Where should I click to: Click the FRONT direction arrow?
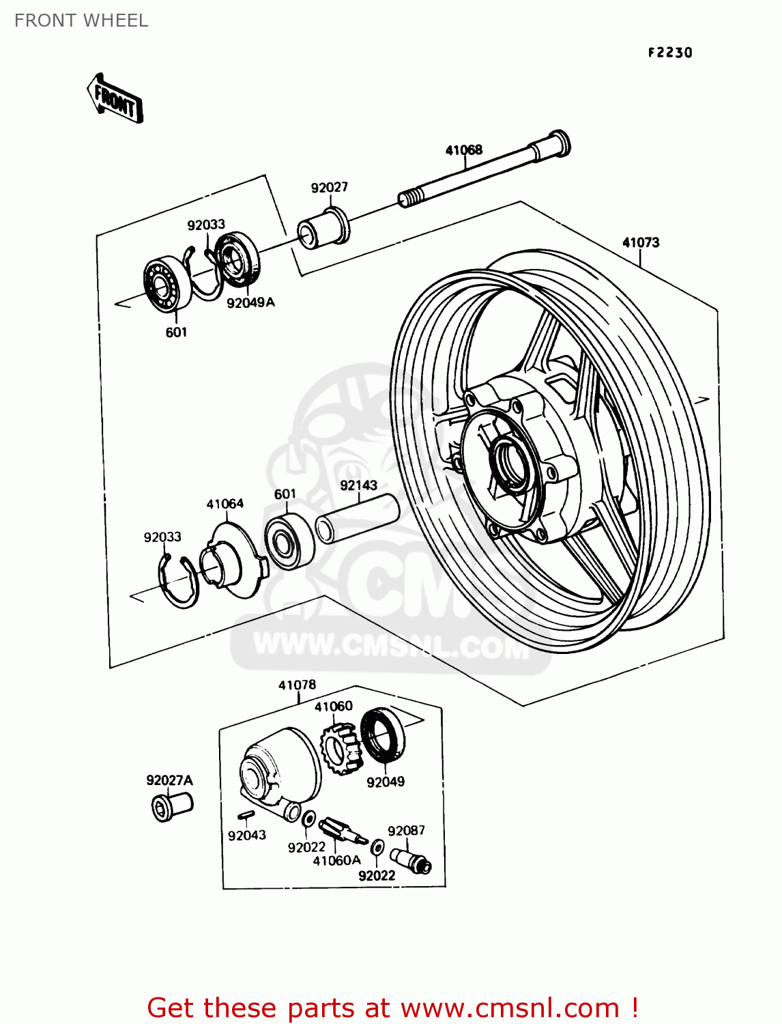115,100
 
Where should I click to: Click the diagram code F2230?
669,53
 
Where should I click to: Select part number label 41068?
463,150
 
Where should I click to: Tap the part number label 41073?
640,242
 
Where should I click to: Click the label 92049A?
250,302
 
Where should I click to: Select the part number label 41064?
225,504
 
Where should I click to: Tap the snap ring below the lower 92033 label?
178,581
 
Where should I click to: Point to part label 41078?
297,685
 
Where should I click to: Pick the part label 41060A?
336,861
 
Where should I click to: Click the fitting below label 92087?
410,859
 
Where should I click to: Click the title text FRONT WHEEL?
81,20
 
